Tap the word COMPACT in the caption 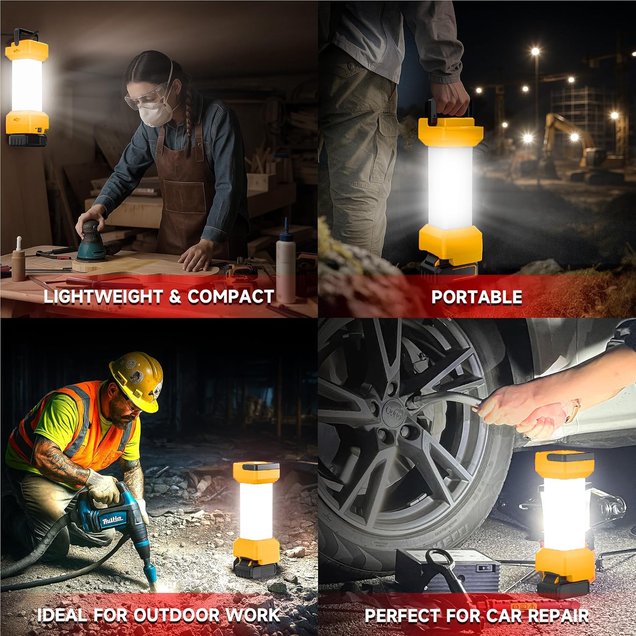click(x=231, y=296)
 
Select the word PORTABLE click(x=477, y=297)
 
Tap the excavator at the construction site click(x=568, y=144)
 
